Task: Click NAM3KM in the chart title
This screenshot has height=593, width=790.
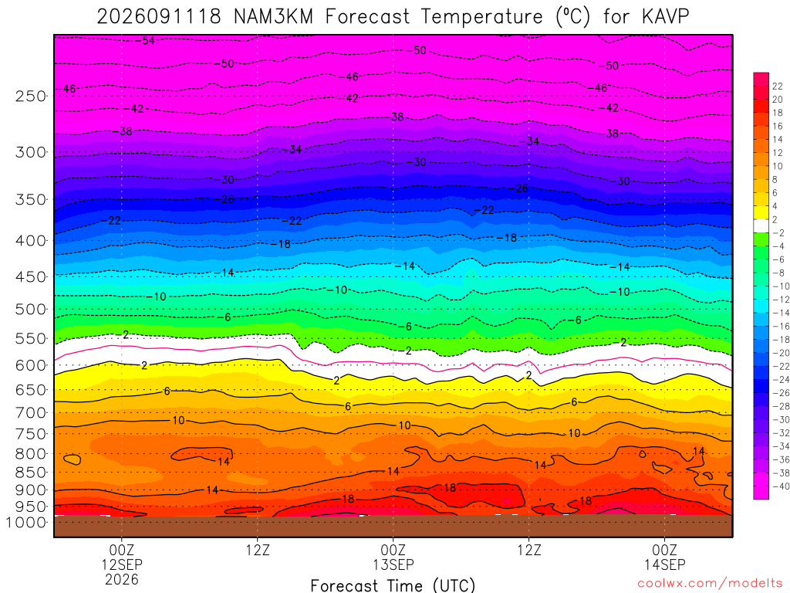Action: (274, 17)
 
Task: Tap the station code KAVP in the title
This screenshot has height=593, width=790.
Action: (665, 17)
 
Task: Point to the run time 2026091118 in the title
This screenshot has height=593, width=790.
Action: (159, 17)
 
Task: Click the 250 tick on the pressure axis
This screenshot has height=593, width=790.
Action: (30, 96)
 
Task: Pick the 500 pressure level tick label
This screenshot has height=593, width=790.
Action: (30, 309)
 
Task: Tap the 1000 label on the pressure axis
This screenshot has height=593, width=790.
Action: (25, 523)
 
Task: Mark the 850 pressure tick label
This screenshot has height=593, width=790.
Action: (30, 473)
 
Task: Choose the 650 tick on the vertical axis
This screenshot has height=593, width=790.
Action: (30, 390)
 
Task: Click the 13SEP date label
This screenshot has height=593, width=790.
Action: (393, 564)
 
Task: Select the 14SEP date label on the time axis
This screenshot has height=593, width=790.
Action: (664, 564)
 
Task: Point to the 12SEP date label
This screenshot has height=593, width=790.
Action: (122, 564)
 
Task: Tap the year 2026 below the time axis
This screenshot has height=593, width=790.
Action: (122, 579)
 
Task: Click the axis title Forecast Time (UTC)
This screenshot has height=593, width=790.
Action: (393, 585)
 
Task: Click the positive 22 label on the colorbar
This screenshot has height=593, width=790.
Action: (778, 86)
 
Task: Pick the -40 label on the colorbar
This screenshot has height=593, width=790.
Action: (781, 486)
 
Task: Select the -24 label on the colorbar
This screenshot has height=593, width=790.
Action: (781, 380)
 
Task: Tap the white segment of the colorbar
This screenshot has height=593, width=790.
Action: (761, 226)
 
